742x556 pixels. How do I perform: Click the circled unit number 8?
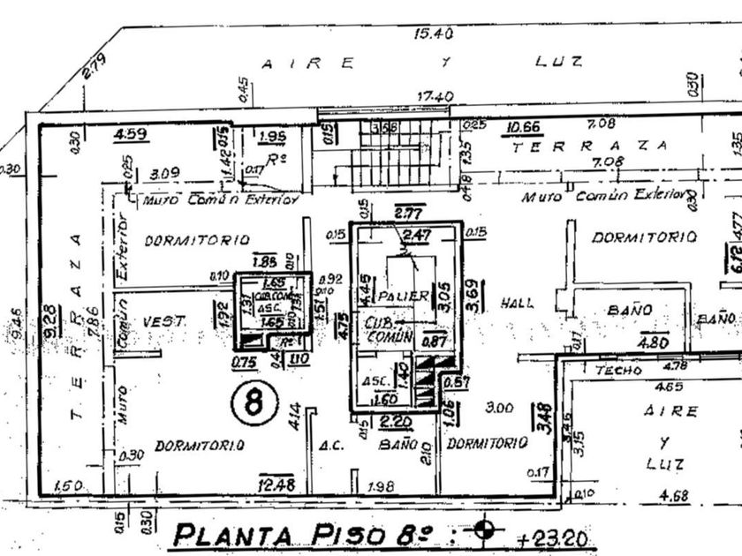254,403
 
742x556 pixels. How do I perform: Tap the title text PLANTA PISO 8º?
311,534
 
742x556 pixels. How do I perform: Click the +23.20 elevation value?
556,537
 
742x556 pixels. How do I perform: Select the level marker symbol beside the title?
483,530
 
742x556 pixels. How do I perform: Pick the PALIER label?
402,295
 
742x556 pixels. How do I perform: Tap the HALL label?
517,303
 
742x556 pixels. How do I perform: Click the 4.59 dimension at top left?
131,134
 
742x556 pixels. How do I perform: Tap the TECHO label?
618,370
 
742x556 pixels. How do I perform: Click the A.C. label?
329,445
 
